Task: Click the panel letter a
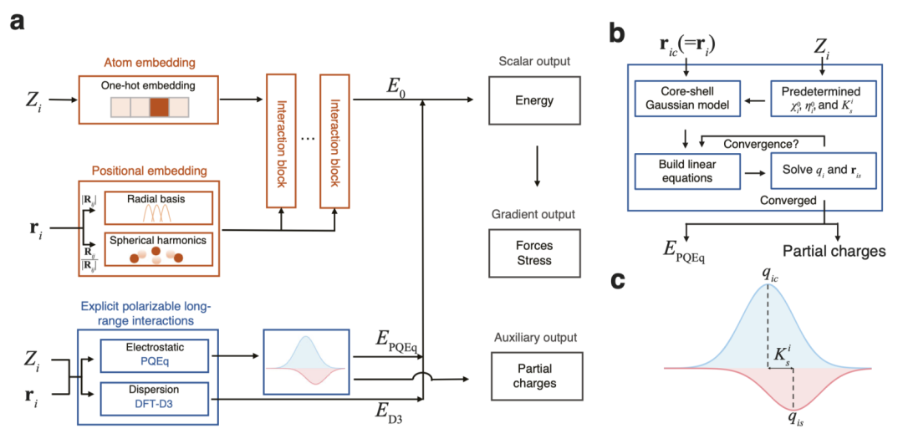tap(18, 23)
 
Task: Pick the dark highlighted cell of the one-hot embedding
tap(159, 107)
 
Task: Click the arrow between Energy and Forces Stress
tap(535, 168)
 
